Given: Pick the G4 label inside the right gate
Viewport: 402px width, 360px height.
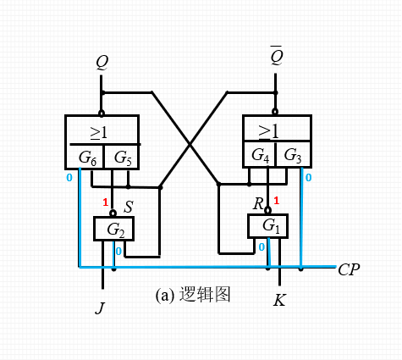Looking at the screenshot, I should pos(261,156).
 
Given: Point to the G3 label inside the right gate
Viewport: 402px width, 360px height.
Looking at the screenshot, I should pos(293,156).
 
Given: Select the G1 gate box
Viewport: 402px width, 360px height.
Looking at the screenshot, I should pos(269,226).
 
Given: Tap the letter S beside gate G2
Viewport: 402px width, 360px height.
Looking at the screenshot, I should pos(129,208).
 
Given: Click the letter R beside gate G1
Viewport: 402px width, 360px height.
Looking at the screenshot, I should pos(258,204).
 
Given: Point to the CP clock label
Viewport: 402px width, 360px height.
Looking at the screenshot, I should pos(349,270).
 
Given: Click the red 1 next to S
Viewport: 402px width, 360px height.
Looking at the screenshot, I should pos(105,202).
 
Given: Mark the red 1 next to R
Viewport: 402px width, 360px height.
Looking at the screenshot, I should pos(276,201).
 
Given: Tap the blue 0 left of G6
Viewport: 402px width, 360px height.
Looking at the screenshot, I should pos(69,178).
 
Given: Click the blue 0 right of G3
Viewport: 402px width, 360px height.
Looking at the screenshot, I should pos(308,178).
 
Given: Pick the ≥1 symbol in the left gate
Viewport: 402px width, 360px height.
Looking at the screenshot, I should pos(101,131).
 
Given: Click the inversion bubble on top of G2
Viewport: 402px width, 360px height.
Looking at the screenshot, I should pos(112,213).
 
